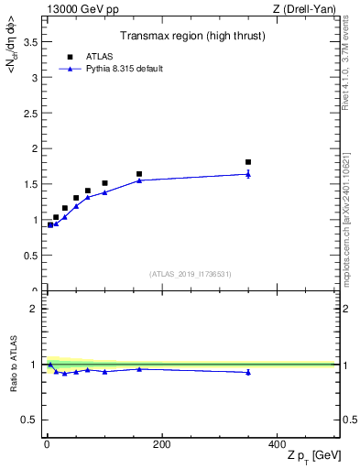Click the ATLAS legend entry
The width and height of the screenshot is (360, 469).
pyautogui.click(x=101, y=56)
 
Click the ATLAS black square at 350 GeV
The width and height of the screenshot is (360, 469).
pyautogui.click(x=248, y=162)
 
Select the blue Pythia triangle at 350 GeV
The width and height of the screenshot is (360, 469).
pyautogui.click(x=248, y=174)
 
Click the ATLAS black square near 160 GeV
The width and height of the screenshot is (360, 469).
pyautogui.click(x=139, y=174)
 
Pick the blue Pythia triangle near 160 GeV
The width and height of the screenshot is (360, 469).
pyautogui.click(x=139, y=180)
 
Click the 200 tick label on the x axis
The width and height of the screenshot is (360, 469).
pyautogui.click(x=161, y=445)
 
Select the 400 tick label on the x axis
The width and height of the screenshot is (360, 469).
pyautogui.click(x=277, y=445)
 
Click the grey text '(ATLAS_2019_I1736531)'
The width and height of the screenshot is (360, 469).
pyautogui.click(x=191, y=273)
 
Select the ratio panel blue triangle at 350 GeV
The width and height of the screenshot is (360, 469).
pyautogui.click(x=248, y=372)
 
